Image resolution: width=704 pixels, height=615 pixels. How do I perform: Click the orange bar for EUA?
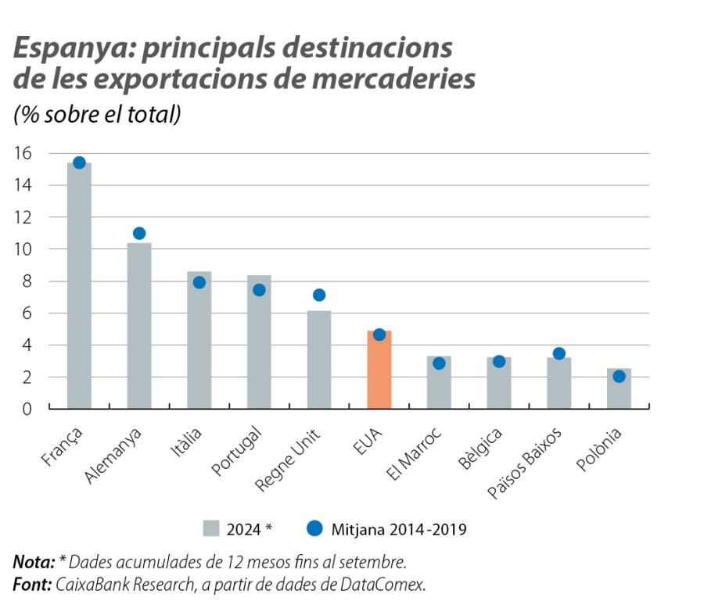pyautogui.click(x=379, y=370)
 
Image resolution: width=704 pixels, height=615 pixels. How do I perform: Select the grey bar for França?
pyautogui.click(x=79, y=285)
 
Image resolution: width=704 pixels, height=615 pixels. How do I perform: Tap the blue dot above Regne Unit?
pyautogui.click(x=319, y=295)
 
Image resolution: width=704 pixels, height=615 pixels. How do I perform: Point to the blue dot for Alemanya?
pyautogui.click(x=139, y=233)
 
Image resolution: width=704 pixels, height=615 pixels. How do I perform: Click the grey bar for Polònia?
pyautogui.click(x=619, y=388)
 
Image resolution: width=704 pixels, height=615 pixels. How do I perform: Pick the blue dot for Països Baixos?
pyautogui.click(x=559, y=353)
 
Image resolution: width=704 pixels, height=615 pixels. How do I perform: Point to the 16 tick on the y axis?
pyautogui.click(x=23, y=153)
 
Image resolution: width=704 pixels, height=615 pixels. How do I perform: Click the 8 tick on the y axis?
pyautogui.click(x=27, y=281)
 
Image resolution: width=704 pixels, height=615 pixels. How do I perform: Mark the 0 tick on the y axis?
pyautogui.click(x=27, y=409)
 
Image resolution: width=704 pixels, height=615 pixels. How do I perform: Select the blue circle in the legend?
pyautogui.click(x=314, y=529)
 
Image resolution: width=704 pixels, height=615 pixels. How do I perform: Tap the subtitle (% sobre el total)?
pyautogui.click(x=98, y=114)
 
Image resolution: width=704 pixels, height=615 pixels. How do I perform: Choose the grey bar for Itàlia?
pyautogui.click(x=199, y=340)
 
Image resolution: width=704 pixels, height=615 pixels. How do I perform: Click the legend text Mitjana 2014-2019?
pyautogui.click(x=399, y=529)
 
